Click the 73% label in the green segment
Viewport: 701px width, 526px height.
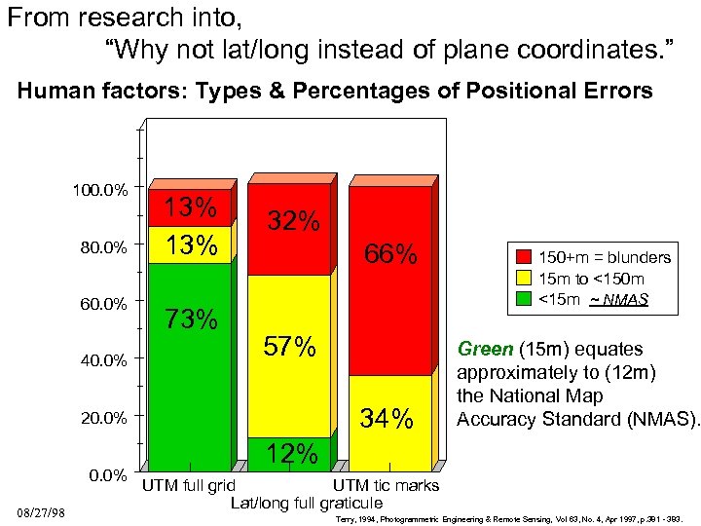(x=191, y=319)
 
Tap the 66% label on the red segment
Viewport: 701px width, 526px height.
(x=390, y=255)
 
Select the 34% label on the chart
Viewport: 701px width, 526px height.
(x=387, y=420)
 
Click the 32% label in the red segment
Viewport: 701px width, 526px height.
(x=294, y=221)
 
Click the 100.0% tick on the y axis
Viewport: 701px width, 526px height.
(x=100, y=189)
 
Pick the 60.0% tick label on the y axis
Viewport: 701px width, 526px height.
(x=103, y=304)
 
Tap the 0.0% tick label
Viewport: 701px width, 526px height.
(x=108, y=475)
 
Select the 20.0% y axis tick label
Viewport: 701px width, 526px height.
(x=103, y=418)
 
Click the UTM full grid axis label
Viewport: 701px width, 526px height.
(x=189, y=485)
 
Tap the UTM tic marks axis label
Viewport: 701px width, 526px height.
(x=387, y=485)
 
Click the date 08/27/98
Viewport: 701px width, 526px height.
(x=40, y=512)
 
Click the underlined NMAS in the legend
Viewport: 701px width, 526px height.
(x=623, y=300)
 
